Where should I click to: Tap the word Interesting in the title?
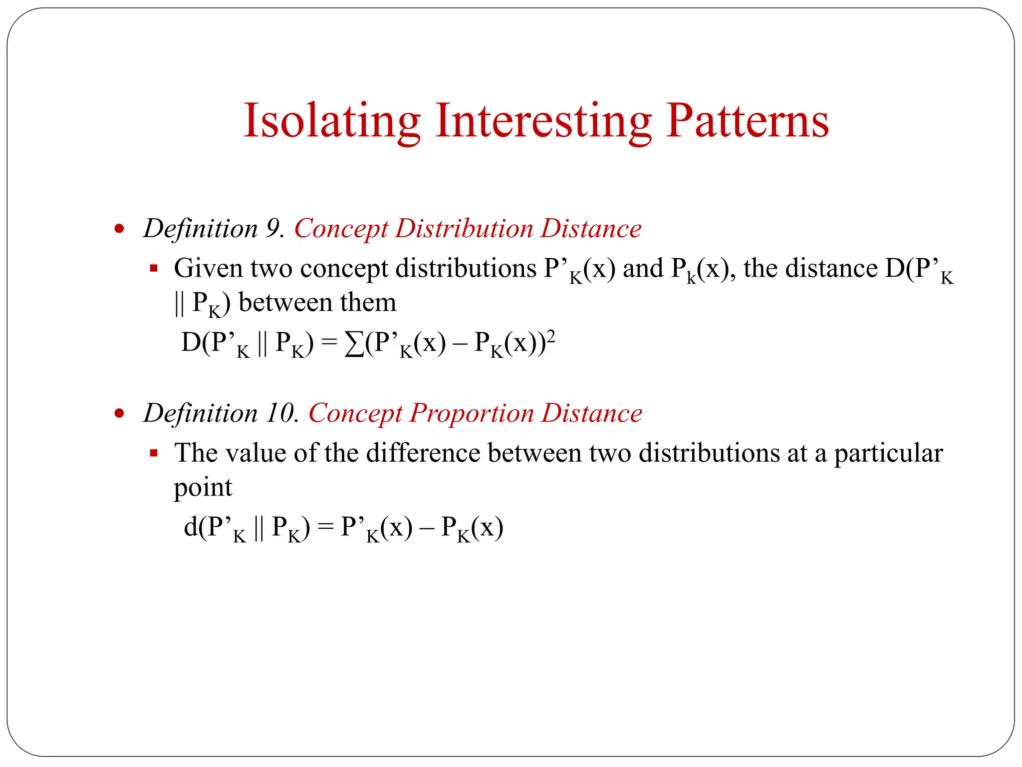543,121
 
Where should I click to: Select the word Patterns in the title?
747,121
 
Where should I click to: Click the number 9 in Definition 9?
273,229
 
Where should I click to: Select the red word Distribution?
464,229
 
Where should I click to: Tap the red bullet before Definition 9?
119,229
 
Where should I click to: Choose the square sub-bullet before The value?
154,453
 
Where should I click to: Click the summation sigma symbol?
354,344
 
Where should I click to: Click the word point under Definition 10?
203,488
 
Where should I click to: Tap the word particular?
888,453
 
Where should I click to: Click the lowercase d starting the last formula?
191,527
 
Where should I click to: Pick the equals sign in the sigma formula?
329,344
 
